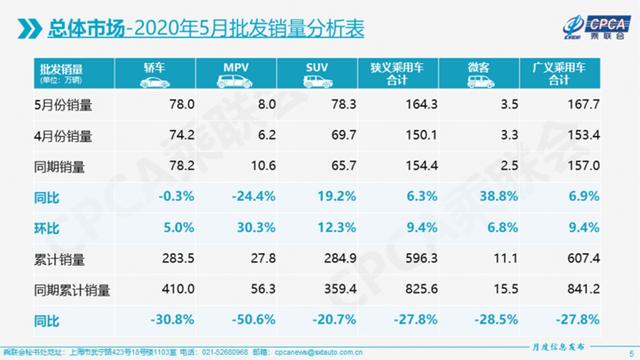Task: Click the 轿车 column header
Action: [160, 71]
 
